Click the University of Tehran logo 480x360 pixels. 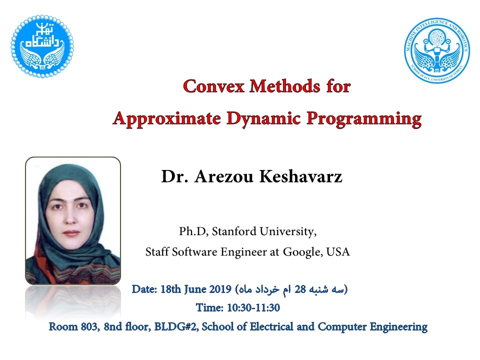click(x=42, y=46)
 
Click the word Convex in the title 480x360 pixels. click(x=213, y=86)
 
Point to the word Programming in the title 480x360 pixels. click(x=364, y=119)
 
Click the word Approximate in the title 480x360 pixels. click(x=167, y=119)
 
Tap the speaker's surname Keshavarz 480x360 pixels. click(x=300, y=176)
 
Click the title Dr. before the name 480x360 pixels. click(x=174, y=176)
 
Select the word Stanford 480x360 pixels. click(x=234, y=231)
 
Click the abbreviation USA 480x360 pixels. click(x=338, y=251)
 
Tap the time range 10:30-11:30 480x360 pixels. click(x=253, y=307)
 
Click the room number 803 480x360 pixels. click(x=90, y=326)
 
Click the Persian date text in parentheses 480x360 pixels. click(x=291, y=289)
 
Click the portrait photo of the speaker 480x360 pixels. click(x=73, y=220)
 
